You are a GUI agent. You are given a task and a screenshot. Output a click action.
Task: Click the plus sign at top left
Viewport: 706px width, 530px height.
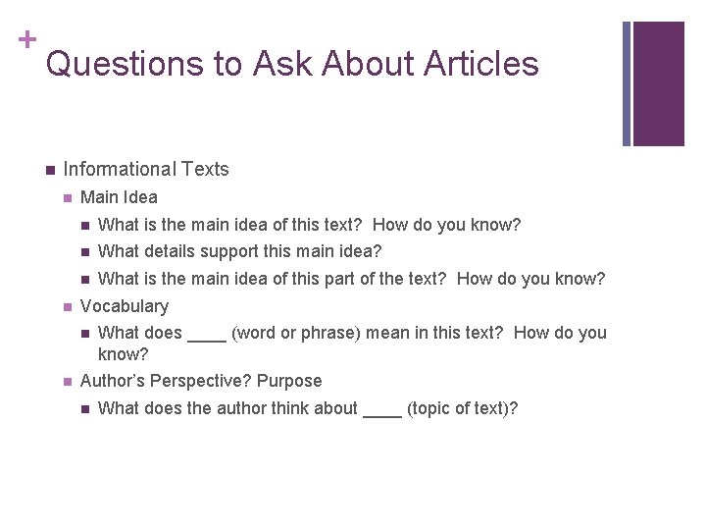pyautogui.click(x=25, y=40)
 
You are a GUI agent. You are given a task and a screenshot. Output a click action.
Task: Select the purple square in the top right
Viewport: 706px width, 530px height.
pyautogui.click(x=658, y=83)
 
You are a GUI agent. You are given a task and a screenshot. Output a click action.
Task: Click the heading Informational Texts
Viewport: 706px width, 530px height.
pyautogui.click(x=146, y=170)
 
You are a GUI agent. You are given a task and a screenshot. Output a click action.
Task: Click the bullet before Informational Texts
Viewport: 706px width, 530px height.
pyautogui.click(x=48, y=171)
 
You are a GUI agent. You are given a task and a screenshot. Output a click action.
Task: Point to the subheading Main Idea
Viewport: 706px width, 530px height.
pyautogui.click(x=119, y=197)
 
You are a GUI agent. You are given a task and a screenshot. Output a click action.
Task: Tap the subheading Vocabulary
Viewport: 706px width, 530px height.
pyautogui.click(x=125, y=306)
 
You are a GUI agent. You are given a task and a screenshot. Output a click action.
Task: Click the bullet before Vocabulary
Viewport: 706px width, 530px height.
pyautogui.click(x=66, y=307)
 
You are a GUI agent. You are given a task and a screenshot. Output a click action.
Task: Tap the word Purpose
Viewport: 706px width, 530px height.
pyautogui.click(x=289, y=381)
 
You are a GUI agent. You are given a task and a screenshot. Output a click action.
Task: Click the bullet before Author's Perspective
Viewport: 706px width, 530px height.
pyautogui.click(x=66, y=382)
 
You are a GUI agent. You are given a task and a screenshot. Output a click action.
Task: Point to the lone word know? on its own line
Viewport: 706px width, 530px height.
pyautogui.click(x=123, y=352)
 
